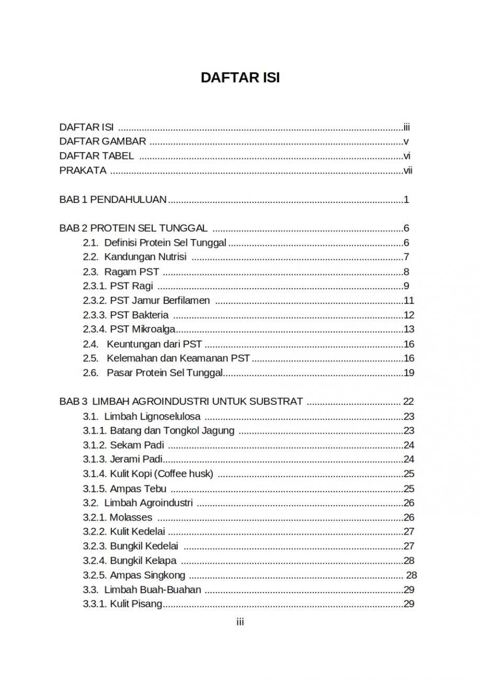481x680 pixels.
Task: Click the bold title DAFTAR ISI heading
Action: pos(240,77)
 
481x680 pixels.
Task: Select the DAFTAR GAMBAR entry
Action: pos(102,141)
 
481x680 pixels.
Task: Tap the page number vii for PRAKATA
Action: pos(408,170)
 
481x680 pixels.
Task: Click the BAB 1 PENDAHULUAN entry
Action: pos(113,199)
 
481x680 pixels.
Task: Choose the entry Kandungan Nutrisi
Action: pos(145,257)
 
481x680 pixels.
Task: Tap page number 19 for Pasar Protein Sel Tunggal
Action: pos(409,373)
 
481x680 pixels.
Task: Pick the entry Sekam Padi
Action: pos(137,445)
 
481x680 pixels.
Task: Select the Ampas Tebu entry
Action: pos(138,489)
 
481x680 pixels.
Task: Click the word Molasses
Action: pos(131,517)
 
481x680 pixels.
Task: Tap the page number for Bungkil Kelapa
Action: pos(409,561)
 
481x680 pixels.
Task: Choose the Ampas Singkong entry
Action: pos(147,575)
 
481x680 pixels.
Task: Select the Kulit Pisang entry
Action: pos(135,604)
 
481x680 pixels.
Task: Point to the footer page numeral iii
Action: pos(240,622)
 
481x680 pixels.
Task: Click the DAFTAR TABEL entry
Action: pos(97,156)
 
